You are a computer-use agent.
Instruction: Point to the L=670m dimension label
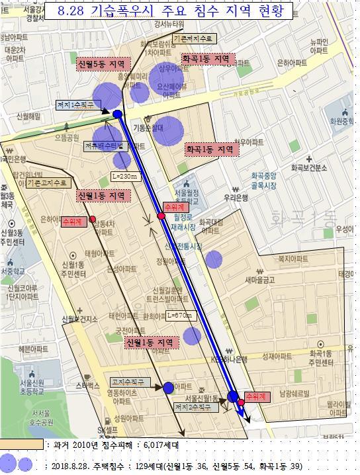pyautogui.click(x=179, y=315)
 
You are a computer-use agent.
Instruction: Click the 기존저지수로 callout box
pyautogui.click(x=193, y=39)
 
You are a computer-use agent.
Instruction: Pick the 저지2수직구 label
pyautogui.click(x=193, y=408)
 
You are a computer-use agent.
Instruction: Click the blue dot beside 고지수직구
pyautogui.click(x=168, y=388)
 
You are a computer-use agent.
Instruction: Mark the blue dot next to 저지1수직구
pyautogui.click(x=118, y=114)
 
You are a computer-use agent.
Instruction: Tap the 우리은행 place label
pyautogui.click(x=254, y=197)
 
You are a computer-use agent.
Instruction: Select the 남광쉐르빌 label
pyautogui.click(x=294, y=393)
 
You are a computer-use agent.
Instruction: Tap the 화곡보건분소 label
pyautogui.click(x=309, y=167)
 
